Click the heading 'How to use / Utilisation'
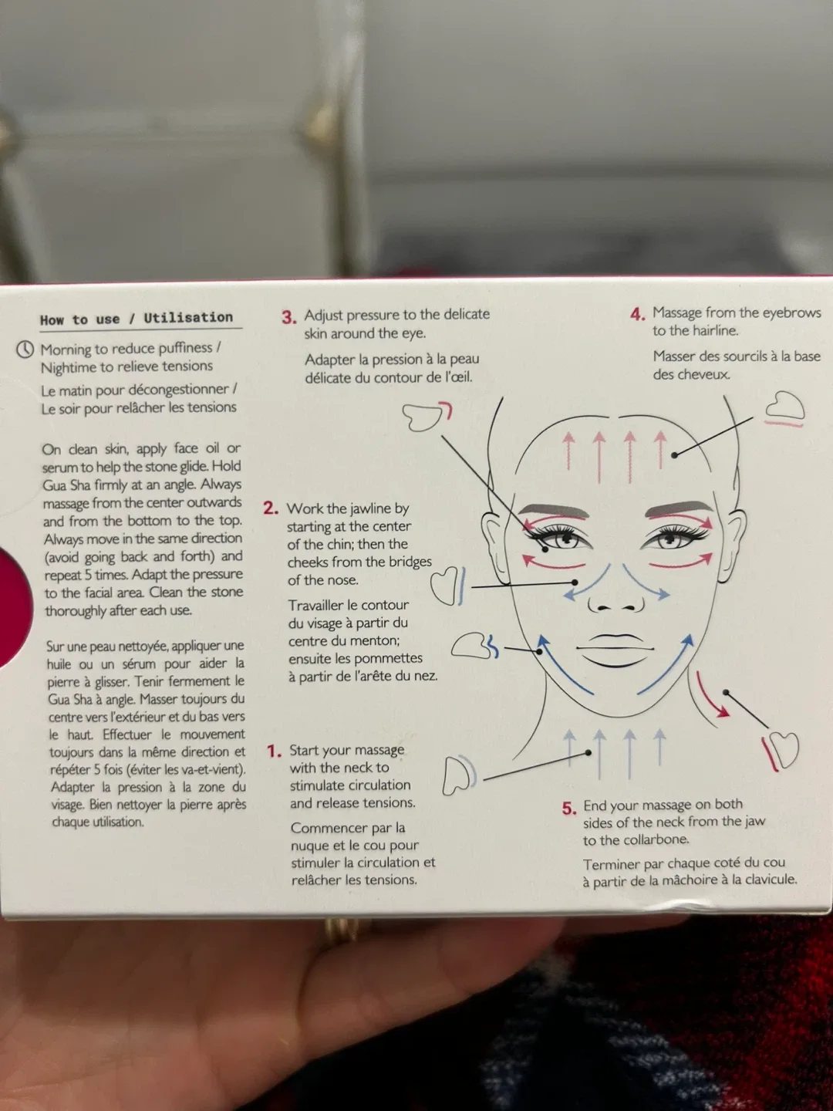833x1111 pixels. [x=137, y=319]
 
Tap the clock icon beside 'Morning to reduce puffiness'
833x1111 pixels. [x=25, y=350]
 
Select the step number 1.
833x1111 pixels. [x=274, y=751]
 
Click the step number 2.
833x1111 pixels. [x=270, y=508]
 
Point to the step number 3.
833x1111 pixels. [x=288, y=317]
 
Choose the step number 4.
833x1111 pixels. [x=637, y=314]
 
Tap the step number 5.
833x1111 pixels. [x=569, y=808]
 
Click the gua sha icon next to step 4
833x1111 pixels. [x=784, y=407]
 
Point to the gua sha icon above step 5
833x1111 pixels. [x=782, y=751]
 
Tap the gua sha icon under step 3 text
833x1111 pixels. [x=425, y=417]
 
